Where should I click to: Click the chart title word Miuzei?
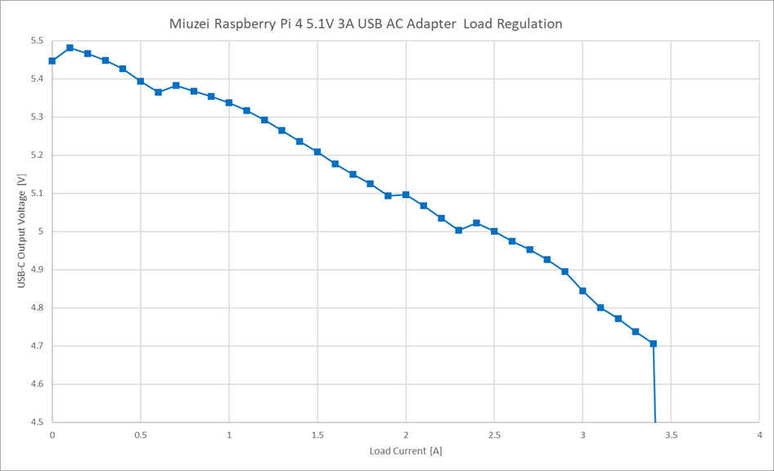click(191, 24)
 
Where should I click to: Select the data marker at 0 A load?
click(52, 61)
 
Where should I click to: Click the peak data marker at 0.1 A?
click(70, 47)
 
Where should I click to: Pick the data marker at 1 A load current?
click(229, 103)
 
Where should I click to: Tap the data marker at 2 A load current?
click(406, 195)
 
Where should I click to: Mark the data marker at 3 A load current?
click(583, 290)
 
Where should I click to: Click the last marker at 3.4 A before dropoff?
click(653, 343)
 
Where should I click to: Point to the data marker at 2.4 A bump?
click(476, 222)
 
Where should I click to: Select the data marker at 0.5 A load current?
click(141, 81)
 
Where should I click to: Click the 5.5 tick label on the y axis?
click(37, 41)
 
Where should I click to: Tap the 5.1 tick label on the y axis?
click(37, 194)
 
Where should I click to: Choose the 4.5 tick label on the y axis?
click(37, 423)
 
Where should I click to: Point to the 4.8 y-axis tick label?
click(37, 308)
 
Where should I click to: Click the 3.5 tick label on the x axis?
click(671, 436)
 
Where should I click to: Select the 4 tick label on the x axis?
click(759, 436)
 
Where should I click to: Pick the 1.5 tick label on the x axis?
click(317, 436)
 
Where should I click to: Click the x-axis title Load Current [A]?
click(406, 451)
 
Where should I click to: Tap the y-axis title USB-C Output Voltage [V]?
click(22, 231)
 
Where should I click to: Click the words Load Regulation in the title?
click(513, 24)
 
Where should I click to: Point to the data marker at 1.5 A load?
click(317, 151)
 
